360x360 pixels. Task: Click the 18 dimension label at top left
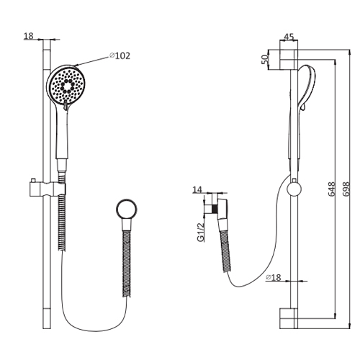29,35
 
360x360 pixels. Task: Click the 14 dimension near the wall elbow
198,190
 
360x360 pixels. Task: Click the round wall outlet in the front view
127,212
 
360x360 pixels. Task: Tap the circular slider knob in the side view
292,189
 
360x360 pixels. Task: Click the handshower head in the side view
307,86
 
